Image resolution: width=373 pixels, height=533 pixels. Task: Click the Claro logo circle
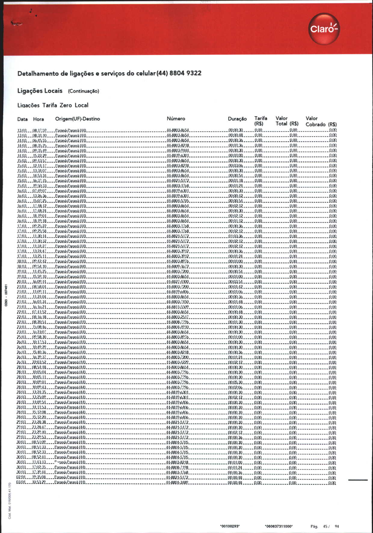coord(324,29)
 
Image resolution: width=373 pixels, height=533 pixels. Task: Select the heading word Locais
coord(53,91)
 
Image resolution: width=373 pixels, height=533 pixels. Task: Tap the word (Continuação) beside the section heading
coord(83,91)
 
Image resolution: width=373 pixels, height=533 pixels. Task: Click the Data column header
coord(22,119)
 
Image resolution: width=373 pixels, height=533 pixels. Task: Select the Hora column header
coord(39,119)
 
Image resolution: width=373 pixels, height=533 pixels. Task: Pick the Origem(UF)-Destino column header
coord(77,119)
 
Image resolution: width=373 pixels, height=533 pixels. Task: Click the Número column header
coord(176,119)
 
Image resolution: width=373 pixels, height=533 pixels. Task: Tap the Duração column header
coord(237,119)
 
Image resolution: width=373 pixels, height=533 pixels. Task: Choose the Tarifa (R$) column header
coord(260,121)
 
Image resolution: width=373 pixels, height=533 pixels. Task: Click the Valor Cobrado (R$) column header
coord(321,121)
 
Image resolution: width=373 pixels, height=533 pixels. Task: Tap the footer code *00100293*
coord(230,526)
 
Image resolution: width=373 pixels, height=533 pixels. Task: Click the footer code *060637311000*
coord(279,526)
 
